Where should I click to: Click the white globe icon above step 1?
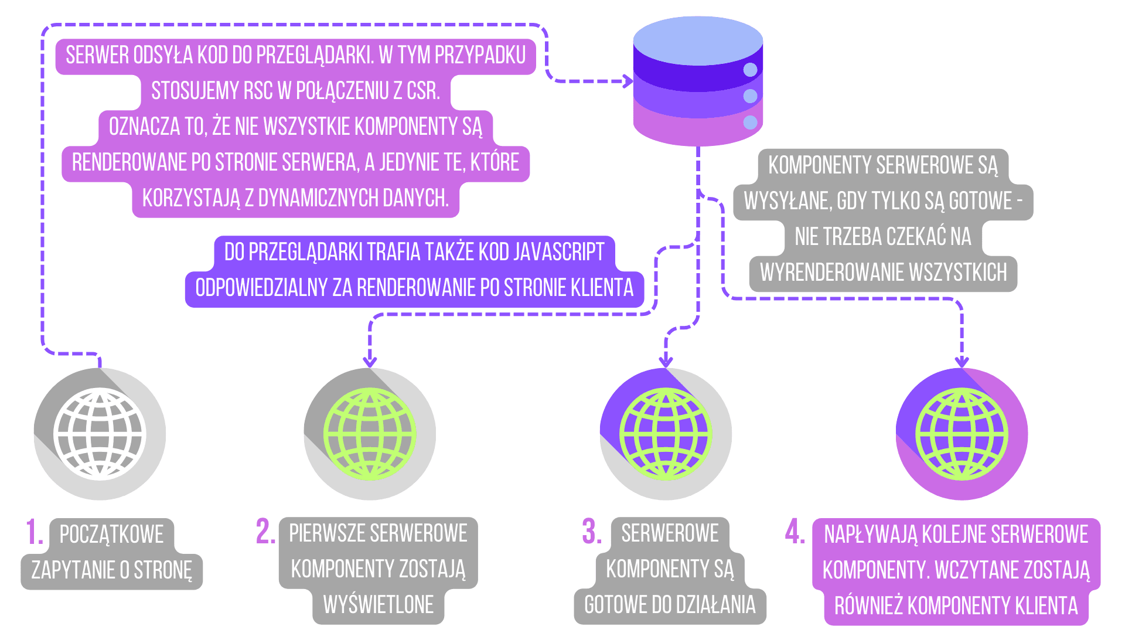tap(100, 434)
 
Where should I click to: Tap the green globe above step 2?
tap(370, 434)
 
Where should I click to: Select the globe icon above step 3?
tap(666, 434)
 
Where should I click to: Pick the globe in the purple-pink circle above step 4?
tap(962, 434)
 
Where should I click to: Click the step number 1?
tap(33, 532)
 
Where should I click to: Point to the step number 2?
tap(265, 531)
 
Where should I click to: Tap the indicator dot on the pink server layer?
tap(750, 122)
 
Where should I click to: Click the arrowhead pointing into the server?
tap(628, 81)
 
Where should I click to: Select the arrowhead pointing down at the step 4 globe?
tap(962, 362)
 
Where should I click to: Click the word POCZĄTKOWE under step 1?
tap(111, 535)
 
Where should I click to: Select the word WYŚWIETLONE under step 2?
tap(379, 605)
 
